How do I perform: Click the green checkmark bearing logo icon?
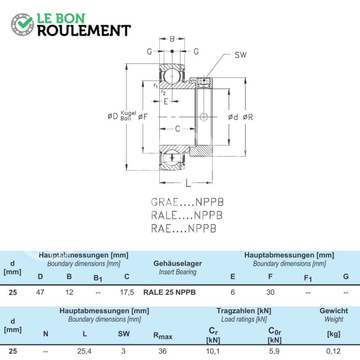click(22, 25)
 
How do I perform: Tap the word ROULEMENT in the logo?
click(84, 31)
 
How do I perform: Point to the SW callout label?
click(240, 55)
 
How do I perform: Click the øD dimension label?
click(113, 116)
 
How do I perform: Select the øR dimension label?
click(248, 117)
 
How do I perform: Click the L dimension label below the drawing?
click(188, 183)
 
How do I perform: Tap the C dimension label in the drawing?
click(177, 129)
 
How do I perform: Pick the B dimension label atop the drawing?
click(172, 39)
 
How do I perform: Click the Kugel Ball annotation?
click(128, 116)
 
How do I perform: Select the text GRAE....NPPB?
click(187, 202)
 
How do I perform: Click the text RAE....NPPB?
click(184, 229)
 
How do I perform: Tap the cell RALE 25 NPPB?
click(170, 292)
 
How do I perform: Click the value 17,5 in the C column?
click(127, 292)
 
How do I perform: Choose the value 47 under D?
click(40, 292)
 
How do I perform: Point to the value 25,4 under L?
click(84, 351)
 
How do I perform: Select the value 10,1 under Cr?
click(213, 351)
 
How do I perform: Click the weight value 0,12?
click(333, 351)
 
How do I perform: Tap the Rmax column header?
click(163, 336)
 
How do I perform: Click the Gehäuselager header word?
click(178, 263)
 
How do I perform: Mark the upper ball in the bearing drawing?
click(172, 76)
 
